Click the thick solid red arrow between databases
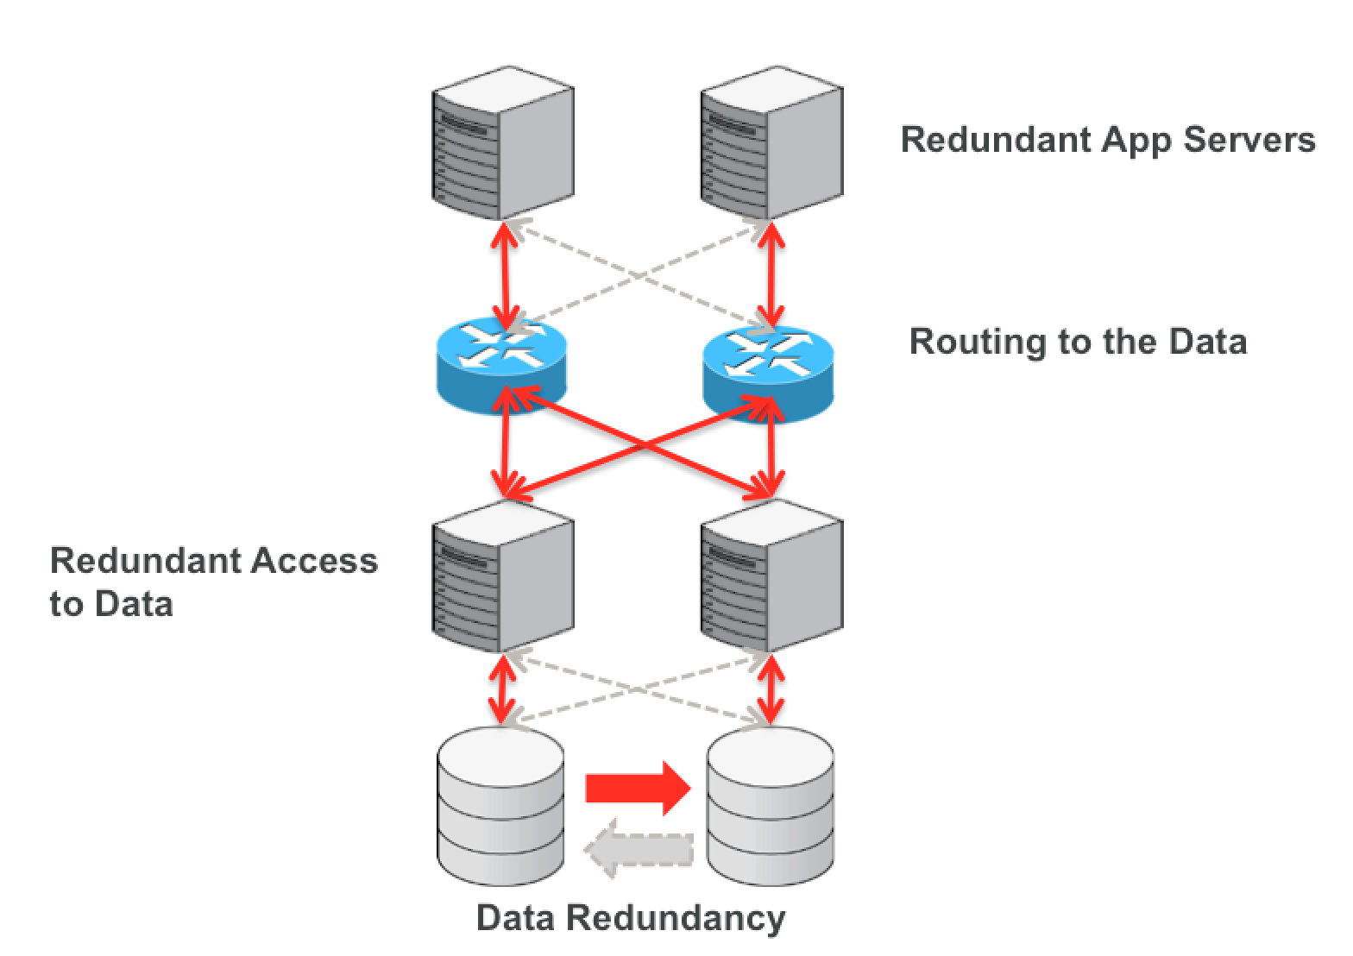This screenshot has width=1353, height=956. (638, 787)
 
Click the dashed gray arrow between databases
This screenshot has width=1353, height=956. (639, 850)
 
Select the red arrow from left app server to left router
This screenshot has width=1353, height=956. (503, 272)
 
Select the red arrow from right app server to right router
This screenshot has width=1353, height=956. (771, 272)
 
